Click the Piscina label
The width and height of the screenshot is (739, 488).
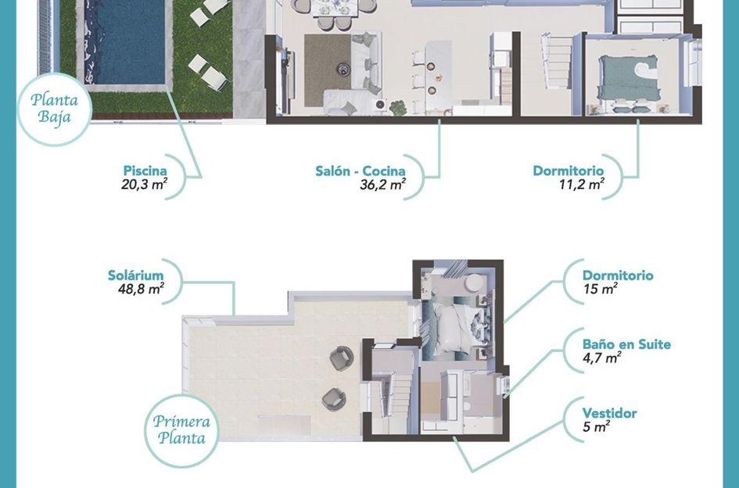145,170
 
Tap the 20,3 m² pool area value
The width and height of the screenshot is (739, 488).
144,184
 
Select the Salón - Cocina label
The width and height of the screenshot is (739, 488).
360,171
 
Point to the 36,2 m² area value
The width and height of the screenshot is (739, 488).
382,184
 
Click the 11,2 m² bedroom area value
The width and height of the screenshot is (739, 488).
582,184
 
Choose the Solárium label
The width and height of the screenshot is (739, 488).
136,276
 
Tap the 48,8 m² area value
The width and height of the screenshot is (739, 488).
141,288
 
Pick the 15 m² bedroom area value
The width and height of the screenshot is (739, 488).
600,288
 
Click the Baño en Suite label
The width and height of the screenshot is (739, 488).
626,344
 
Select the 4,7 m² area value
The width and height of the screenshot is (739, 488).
601,358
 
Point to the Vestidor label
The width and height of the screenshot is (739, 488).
609,413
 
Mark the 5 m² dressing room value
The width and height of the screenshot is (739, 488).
596,427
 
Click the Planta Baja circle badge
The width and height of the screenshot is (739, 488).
55,109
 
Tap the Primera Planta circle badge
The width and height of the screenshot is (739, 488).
181,430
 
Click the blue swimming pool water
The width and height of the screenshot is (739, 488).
125,41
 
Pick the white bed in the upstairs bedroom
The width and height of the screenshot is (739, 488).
454,328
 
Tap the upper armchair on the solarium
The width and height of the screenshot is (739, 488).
341,358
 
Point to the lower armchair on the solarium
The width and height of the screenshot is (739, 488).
334,399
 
